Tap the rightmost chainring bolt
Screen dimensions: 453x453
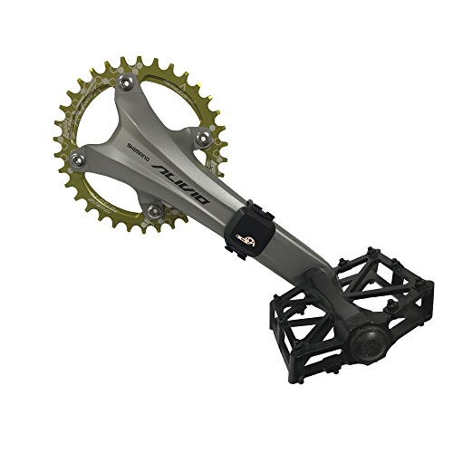(x=203, y=138)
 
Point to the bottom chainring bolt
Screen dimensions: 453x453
(x=154, y=210)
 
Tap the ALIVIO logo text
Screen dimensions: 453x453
(x=180, y=184)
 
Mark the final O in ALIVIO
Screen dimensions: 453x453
(x=201, y=198)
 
